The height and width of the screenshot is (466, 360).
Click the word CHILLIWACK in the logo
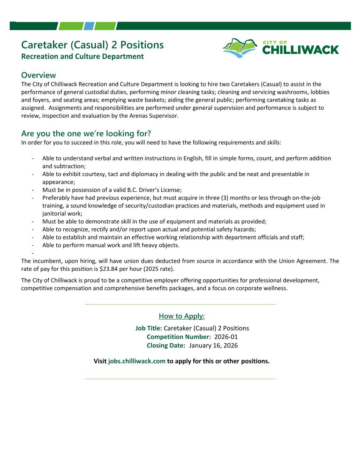(300, 50)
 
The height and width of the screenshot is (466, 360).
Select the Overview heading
(39, 75)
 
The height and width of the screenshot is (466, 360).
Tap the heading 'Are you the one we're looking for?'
(86, 134)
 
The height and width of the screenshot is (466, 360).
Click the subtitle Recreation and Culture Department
(82, 56)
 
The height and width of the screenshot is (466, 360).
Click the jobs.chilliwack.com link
(137, 361)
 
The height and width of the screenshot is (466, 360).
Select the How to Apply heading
(181, 316)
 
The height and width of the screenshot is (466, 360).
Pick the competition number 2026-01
(226, 337)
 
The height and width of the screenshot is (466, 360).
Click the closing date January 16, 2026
(213, 345)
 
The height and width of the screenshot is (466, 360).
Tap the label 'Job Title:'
(148, 328)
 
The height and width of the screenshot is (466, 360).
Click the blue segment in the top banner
(89, 26)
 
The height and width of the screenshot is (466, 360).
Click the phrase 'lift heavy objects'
(154, 245)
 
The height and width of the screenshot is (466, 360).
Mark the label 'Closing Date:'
(166, 345)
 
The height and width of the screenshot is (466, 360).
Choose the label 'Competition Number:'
(179, 337)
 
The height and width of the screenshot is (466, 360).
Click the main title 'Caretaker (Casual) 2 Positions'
(92, 45)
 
